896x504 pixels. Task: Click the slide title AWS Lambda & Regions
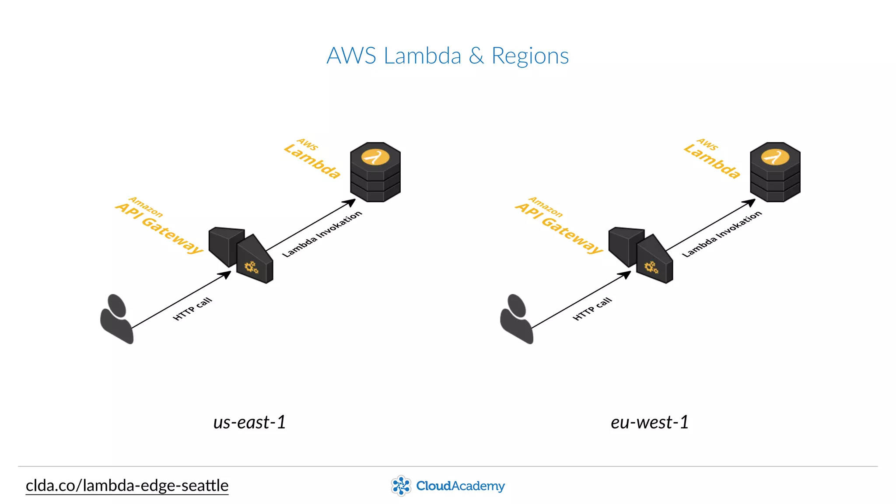[448, 56]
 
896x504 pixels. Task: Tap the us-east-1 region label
[249, 422]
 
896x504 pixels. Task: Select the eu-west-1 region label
[650, 422]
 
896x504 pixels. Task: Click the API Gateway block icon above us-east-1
[241, 255]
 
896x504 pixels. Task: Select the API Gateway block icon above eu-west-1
[641, 255]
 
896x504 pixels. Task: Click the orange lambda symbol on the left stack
[375, 157]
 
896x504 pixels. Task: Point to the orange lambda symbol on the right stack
[775, 157]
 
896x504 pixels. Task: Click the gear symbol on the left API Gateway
[252, 267]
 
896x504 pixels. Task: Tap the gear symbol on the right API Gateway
[651, 267]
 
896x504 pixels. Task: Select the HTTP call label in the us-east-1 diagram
[192, 309]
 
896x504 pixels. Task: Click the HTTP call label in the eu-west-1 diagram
[592, 309]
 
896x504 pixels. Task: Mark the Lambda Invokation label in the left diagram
[322, 234]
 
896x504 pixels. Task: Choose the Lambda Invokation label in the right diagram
[722, 234]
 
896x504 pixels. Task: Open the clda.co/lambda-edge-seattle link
[127, 486]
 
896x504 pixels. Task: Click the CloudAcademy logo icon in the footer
[401, 486]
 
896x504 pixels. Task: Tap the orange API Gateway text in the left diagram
[160, 227]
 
